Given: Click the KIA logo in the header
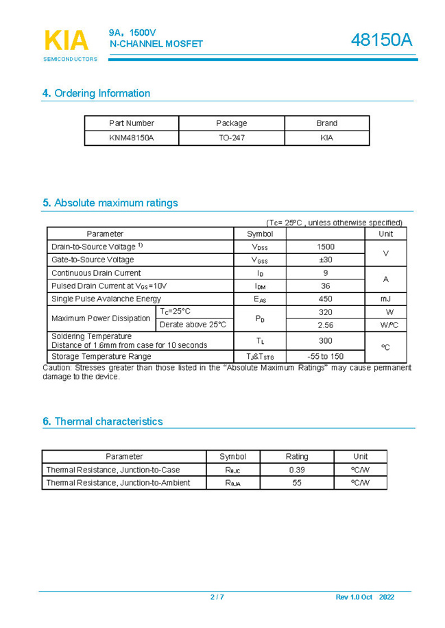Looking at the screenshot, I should coord(67,41).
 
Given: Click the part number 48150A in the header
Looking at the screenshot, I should coord(381,40).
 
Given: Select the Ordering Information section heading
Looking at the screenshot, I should coord(96,93).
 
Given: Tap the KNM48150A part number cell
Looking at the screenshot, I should coord(132,138).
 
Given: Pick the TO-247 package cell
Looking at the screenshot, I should coord(232,138).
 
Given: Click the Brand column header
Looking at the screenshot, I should coord(326,123).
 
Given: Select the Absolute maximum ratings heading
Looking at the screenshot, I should coord(110,203).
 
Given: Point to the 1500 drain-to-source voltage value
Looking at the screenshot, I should coord(326,247).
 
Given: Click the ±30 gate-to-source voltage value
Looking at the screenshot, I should coord(326,260).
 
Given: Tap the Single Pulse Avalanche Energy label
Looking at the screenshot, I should coord(106,299).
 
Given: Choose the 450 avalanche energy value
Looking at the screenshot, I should coord(326,299).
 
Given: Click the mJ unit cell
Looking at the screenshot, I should coord(385,299).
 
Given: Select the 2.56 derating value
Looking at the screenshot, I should coord(326,325).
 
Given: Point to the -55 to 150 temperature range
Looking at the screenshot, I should coord(326,356).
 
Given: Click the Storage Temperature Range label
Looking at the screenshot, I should coord(101,356).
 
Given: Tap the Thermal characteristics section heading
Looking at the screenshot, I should coord(102,421).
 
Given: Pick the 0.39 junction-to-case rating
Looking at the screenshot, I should coord(297,470).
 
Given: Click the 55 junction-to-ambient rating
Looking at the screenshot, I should coord(297,483).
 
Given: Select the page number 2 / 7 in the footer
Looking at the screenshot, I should coord(217,597).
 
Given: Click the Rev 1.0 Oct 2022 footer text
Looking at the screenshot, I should coord(365,597).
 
